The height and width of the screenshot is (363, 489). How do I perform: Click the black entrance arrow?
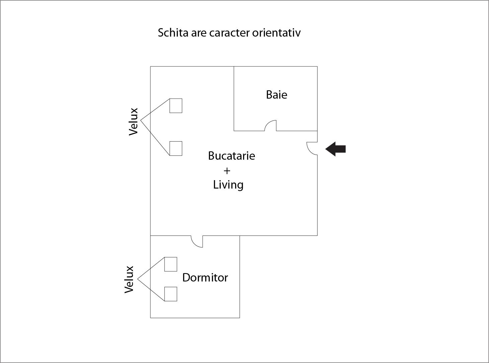[336, 149]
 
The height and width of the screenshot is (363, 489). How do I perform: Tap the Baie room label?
[276, 95]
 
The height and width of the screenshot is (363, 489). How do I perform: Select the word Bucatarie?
[231, 156]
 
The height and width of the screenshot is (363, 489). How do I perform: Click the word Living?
[228, 185]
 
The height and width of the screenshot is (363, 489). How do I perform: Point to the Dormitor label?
[205, 277]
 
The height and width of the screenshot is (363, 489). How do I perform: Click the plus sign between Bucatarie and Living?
[227, 171]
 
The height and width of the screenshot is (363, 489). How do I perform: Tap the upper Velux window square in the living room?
[176, 106]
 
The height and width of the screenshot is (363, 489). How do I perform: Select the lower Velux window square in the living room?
[176, 148]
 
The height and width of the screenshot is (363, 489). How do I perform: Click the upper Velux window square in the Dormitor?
[170, 264]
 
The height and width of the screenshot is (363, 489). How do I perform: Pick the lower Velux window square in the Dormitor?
[170, 294]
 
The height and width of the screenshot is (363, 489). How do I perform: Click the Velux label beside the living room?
[133, 121]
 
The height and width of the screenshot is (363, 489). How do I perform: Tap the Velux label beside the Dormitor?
[129, 279]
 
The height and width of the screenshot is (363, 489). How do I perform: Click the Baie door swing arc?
[271, 125]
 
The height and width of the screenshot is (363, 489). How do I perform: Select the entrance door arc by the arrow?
[312, 148]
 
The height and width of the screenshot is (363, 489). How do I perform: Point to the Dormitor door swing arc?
[197, 242]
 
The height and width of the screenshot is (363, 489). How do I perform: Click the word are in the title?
[199, 33]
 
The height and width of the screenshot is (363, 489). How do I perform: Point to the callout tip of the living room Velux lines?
[141, 120]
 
